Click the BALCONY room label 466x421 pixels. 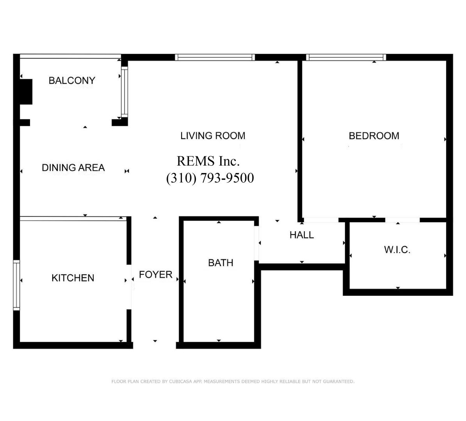coord(72,80)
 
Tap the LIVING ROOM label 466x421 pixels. coord(213,136)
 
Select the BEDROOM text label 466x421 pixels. coord(374,136)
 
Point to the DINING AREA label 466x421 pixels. coord(73,168)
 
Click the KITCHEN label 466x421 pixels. coord(73,278)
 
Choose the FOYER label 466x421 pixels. coord(155,275)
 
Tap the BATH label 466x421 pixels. coord(221,263)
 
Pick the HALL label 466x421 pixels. coord(302,235)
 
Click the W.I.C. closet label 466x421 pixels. coord(397,250)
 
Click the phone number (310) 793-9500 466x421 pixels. coord(210,178)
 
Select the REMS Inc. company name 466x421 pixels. coord(208,161)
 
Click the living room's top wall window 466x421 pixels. coord(215,57)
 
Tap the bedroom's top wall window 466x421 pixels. coord(346,57)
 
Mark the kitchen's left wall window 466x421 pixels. coord(17,285)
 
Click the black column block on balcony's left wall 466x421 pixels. coord(26,92)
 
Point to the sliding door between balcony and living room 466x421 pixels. coord(125,92)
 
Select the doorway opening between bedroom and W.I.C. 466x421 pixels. coord(402,220)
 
